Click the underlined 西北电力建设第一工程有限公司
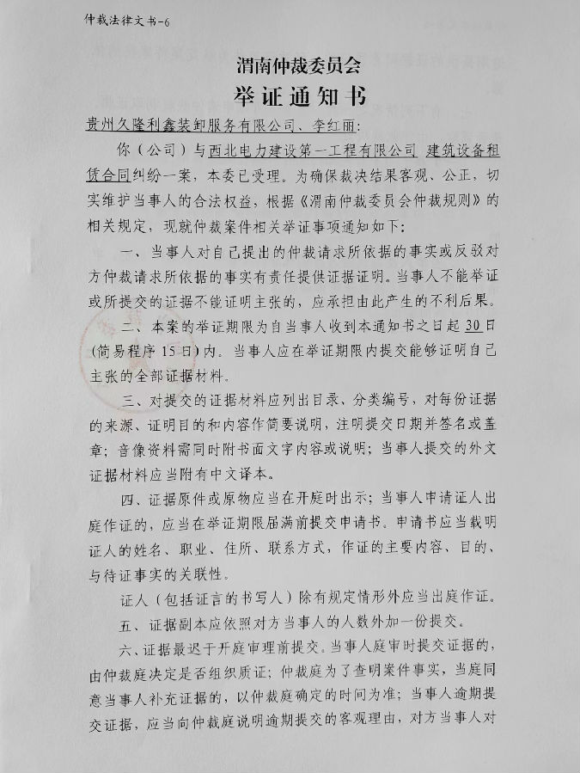tap(313, 150)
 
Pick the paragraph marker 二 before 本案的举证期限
tap(129, 327)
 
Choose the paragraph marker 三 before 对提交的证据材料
tap(129, 399)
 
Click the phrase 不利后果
tap(461, 302)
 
